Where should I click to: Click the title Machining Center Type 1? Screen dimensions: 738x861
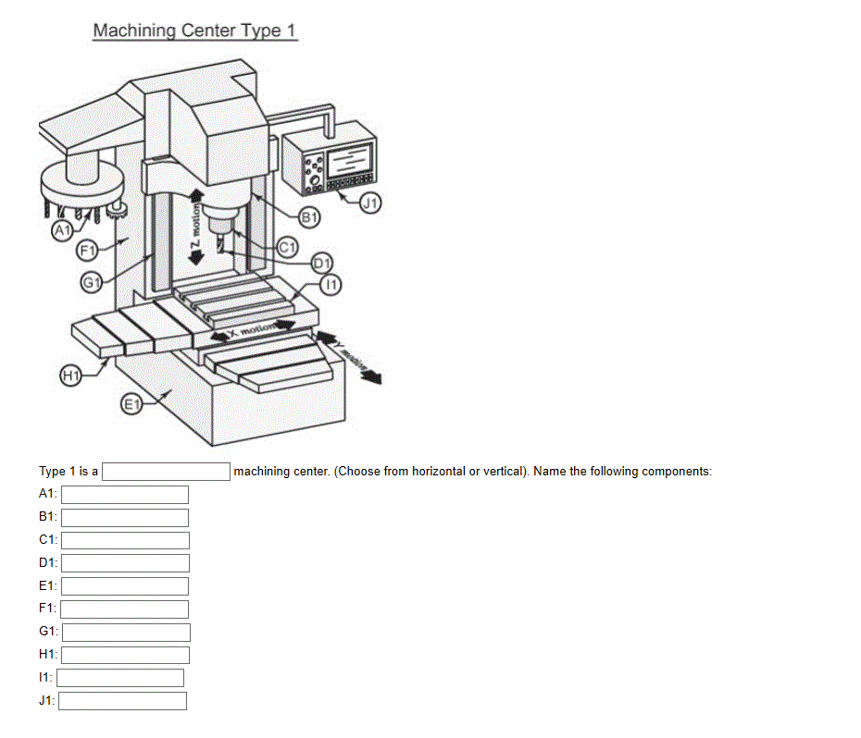click(x=194, y=31)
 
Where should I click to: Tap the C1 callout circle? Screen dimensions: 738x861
click(x=287, y=247)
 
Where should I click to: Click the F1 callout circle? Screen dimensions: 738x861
click(x=87, y=249)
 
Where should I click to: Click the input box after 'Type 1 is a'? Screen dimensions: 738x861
click(x=166, y=472)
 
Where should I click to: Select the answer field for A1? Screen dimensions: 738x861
click(x=124, y=495)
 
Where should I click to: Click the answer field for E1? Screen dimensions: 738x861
click(x=124, y=586)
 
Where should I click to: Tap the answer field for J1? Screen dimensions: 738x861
click(x=123, y=701)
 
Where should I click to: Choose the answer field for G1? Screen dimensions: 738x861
click(x=126, y=632)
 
